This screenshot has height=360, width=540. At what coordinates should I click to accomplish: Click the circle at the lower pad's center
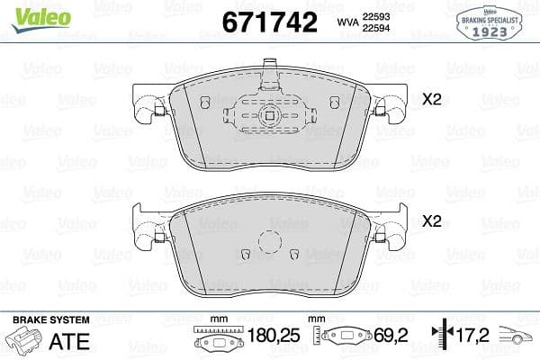pos(271,242)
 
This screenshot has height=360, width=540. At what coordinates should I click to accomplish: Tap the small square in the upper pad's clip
pos(271,114)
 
